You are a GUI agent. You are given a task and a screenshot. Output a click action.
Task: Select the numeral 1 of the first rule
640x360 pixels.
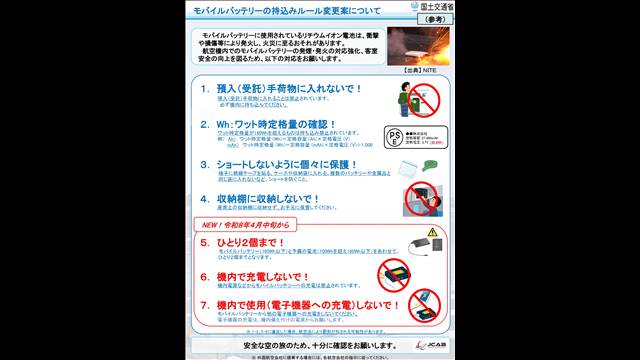[204, 89]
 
